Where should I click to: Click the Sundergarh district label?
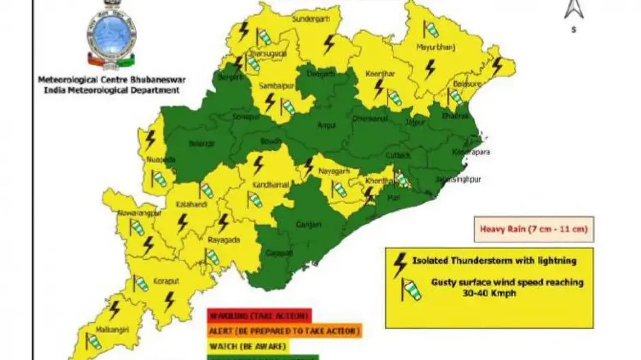(309, 20)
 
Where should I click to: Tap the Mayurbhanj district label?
(428, 48)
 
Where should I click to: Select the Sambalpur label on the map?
(272, 86)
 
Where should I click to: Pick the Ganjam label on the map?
(308, 225)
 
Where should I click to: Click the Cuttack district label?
(398, 156)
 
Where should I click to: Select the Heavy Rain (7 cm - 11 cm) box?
(533, 230)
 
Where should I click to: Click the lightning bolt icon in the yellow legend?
(400, 264)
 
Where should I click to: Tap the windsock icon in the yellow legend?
(412, 289)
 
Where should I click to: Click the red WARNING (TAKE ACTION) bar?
(259, 316)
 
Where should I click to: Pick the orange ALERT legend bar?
(284, 331)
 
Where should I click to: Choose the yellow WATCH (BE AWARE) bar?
(248, 345)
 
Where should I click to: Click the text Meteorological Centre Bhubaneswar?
(108, 80)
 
